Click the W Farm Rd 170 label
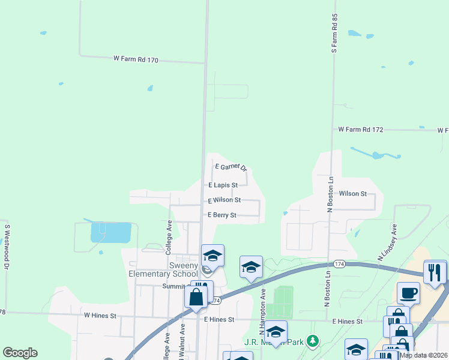[x=136, y=59]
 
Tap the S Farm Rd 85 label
[x=334, y=34]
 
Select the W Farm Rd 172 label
[x=360, y=129]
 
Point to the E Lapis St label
[x=223, y=185]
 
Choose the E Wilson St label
[x=224, y=200]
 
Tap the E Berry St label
[x=222, y=215]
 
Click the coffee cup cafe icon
[x=408, y=293]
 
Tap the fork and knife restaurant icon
[x=435, y=272]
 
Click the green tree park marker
[x=312, y=341]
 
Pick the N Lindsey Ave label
[x=387, y=242]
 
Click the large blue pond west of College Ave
[x=110, y=232]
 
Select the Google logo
[x=20, y=353]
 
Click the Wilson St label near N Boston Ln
[x=353, y=194]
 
